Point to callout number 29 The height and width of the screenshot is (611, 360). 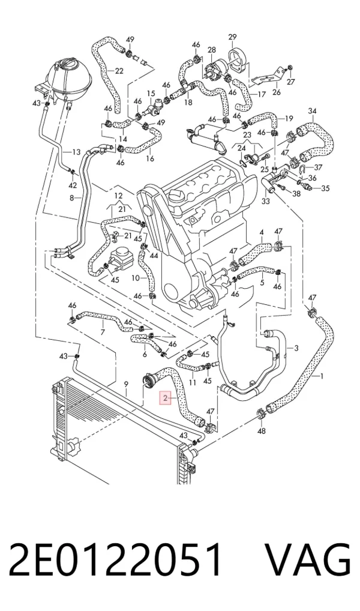click(232, 37)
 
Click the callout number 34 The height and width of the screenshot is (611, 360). click(312, 111)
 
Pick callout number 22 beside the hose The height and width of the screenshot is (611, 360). click(119, 71)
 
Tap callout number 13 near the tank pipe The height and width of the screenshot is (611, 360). click(76, 152)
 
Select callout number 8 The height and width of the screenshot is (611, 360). click(71, 198)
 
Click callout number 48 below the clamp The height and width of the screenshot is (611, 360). click(262, 431)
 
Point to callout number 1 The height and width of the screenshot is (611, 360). click(322, 376)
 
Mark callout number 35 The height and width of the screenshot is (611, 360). click(325, 188)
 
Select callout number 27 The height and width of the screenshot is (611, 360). click(291, 82)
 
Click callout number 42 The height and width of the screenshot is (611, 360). click(73, 185)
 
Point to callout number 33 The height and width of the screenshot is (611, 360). click(265, 202)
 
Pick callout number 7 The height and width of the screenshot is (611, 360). click(103, 333)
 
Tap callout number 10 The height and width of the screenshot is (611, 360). click(135, 278)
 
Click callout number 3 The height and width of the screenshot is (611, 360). click(296, 348)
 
